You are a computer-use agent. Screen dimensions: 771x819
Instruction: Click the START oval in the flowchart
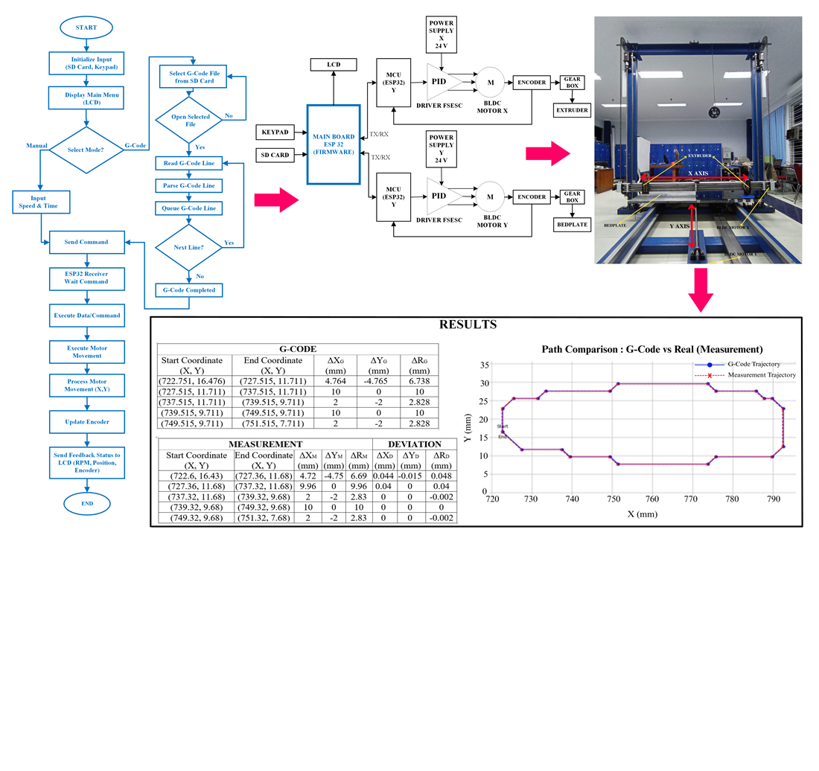86,28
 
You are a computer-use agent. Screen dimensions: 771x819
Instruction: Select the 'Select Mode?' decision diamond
86,150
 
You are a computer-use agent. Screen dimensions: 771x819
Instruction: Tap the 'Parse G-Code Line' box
188,185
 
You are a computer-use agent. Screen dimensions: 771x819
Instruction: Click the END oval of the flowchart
87,504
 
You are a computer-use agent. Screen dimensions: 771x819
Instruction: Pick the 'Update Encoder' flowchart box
87,422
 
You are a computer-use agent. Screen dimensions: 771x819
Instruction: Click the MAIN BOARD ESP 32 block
334,144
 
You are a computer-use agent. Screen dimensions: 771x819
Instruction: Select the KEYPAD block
275,132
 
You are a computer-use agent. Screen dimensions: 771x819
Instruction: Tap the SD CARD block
275,155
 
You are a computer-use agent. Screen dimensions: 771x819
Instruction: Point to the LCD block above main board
334,65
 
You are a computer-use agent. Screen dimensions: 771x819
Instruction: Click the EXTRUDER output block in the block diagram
572,111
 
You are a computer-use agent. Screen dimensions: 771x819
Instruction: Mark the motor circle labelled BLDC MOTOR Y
490,196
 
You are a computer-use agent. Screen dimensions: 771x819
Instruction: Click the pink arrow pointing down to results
698,292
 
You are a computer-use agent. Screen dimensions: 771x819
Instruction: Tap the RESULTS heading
468,325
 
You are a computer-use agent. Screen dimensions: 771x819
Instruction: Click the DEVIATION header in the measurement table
414,444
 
